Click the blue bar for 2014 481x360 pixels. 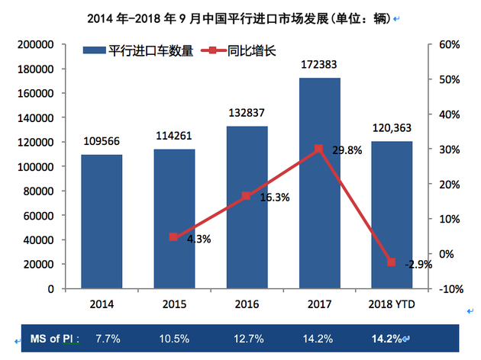pyautogui.click(x=102, y=222)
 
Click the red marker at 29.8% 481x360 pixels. pyautogui.click(x=319, y=149)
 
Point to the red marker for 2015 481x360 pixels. pyautogui.click(x=174, y=237)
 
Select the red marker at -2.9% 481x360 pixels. pyautogui.click(x=392, y=262)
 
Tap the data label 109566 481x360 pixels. pyautogui.click(x=102, y=141)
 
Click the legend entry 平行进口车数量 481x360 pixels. pyautogui.click(x=134, y=51)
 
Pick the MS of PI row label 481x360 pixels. pyautogui.click(x=55, y=338)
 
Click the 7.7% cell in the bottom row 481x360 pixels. pyautogui.click(x=107, y=338)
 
